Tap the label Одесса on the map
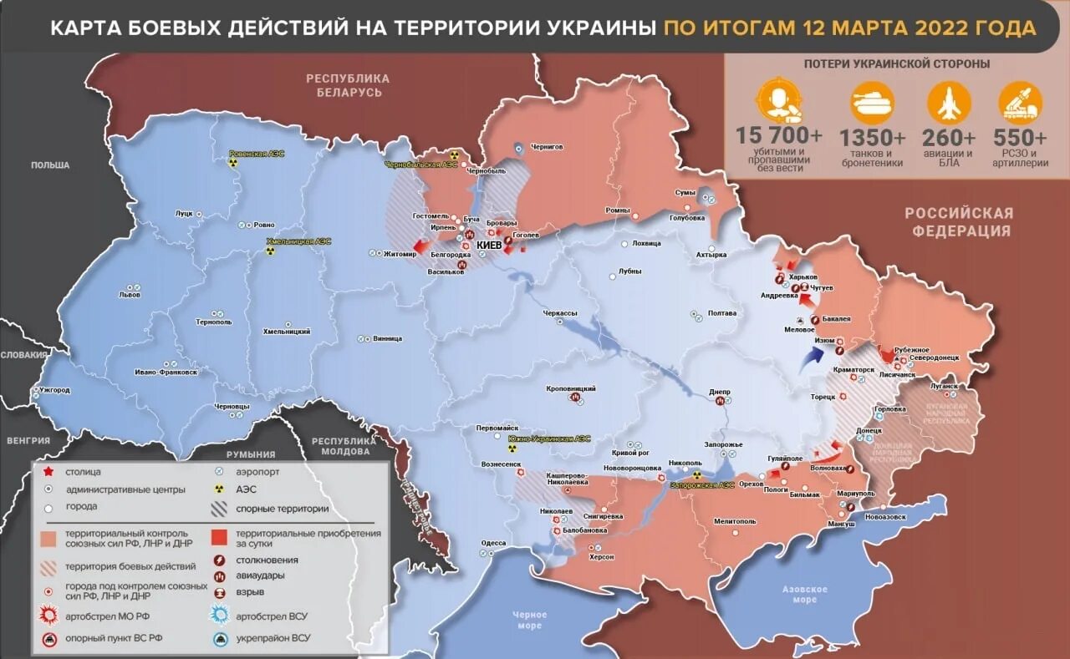[x=493, y=543]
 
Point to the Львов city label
[x=130, y=295]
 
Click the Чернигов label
[x=547, y=147]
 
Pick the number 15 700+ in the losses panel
[x=779, y=134]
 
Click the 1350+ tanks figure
[x=872, y=137]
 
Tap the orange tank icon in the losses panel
[x=872, y=103]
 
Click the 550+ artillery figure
[x=1020, y=137]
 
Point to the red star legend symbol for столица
[x=49, y=472]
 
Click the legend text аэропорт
[x=258, y=471]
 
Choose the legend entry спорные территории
[x=283, y=508]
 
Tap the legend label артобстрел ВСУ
[x=273, y=616]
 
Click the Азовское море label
[x=804, y=594]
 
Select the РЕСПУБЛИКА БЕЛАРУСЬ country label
[x=348, y=85]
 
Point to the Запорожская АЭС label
[x=701, y=485]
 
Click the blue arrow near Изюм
[x=808, y=360]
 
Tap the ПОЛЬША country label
[x=50, y=165]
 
